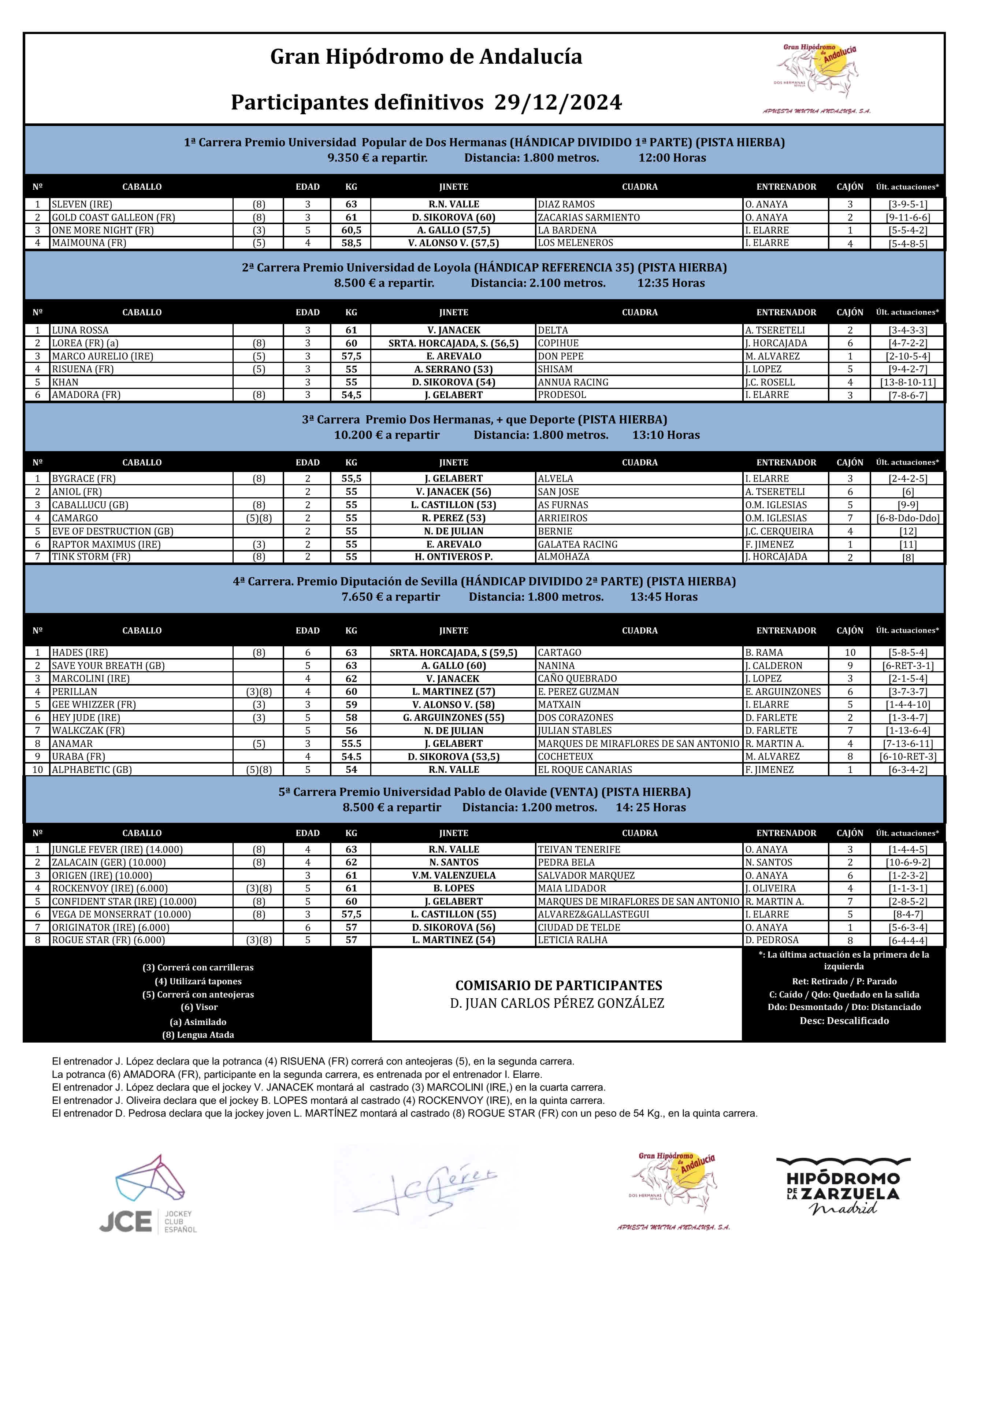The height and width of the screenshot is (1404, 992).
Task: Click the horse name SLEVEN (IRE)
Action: (82, 204)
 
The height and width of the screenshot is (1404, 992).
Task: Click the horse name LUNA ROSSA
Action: (80, 330)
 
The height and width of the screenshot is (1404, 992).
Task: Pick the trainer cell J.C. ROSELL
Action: (770, 382)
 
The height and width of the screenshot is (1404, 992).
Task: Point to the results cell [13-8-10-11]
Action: (908, 382)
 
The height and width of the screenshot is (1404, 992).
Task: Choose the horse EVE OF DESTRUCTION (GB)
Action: (112, 531)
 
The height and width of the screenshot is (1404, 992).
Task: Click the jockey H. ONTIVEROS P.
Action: (453, 557)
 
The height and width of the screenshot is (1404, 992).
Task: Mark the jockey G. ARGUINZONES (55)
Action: (453, 717)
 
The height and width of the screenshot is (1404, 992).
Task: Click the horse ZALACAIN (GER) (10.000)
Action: (109, 862)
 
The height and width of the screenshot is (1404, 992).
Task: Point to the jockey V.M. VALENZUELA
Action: (453, 875)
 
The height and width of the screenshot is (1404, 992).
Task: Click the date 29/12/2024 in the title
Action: (558, 102)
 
